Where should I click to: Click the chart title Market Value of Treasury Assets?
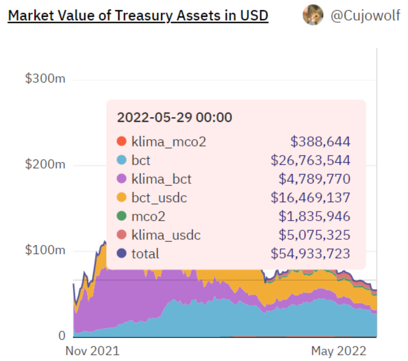[138, 16]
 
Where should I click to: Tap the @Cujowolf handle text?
[365, 16]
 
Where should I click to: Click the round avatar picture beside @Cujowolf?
[313, 15]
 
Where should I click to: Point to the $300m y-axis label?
[45, 79]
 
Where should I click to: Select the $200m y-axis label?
[45, 164]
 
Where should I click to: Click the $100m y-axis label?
[45, 250]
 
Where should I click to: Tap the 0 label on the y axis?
[62, 335]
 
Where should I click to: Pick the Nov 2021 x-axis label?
[92, 351]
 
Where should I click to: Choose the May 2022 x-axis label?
[338, 351]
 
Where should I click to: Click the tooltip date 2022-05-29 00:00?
[175, 118]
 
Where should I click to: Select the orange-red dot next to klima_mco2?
[122, 141]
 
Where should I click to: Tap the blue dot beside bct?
[122, 160]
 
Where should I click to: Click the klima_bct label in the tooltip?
[161, 179]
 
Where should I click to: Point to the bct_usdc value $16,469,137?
[310, 197]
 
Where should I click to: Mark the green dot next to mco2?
[122, 216]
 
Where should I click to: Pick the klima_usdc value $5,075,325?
[314, 235]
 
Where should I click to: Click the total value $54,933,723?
[310, 253]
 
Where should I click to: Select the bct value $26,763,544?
[310, 160]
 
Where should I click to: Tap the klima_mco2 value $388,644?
[320, 141]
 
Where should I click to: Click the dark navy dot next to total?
[122, 253]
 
